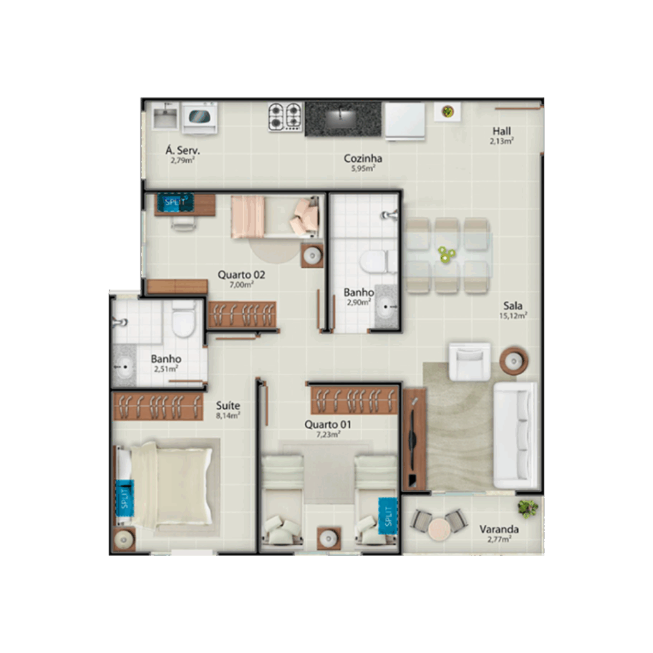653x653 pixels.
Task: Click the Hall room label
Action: pos(501,131)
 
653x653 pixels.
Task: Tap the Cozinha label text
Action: pos(363,158)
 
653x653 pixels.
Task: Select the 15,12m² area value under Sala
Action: pos(513,315)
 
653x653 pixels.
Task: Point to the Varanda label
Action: pos(499,529)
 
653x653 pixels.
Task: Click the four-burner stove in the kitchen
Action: pos(285,117)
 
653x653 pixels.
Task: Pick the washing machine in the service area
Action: pos(200,118)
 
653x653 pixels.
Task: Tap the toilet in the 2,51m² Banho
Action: pos(183,319)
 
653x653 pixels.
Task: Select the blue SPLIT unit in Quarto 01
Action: pos(388,516)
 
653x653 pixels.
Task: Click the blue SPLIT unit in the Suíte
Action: pos(124,498)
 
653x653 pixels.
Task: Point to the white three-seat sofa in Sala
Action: pos(515,435)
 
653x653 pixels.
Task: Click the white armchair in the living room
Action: pos(469,362)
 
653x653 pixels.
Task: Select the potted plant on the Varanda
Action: pos(527,508)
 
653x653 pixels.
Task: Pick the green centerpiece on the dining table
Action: pos(446,254)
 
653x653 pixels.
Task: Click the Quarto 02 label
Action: pos(242,275)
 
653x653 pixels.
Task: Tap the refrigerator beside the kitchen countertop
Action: pos(405,121)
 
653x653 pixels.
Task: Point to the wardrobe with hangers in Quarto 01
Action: pos(355,400)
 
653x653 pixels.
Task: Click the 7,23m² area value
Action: pos(328,434)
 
